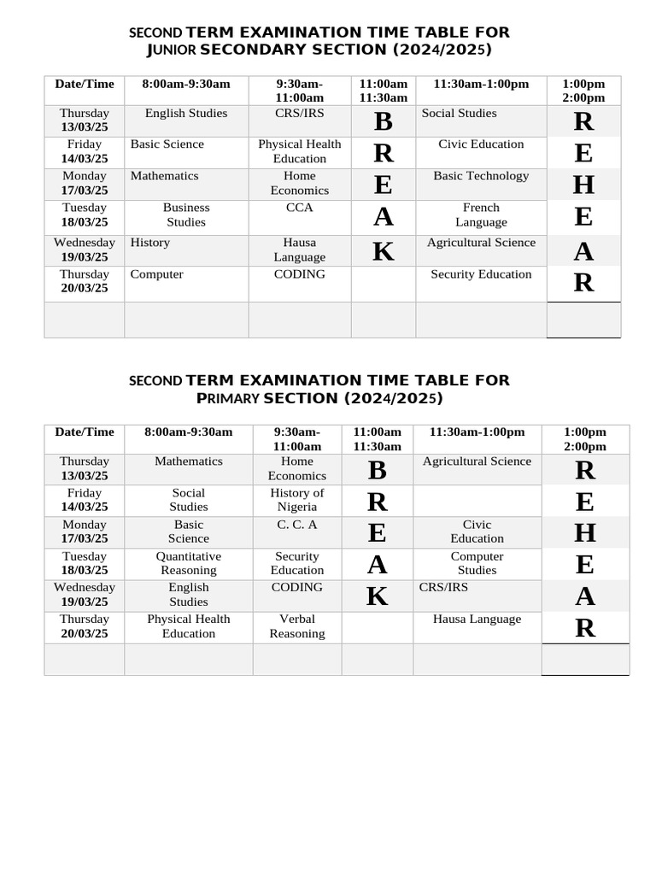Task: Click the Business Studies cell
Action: [x=186, y=214]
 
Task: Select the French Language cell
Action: [x=481, y=214]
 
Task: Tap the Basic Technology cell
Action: [x=481, y=176]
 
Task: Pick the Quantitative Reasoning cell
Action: [x=189, y=563]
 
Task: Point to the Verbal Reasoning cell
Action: [x=297, y=626]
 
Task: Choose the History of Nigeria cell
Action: [x=297, y=500]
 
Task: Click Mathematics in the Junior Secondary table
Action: [x=165, y=176]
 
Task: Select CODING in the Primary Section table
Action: [x=297, y=588]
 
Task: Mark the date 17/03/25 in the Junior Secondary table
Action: [x=85, y=191]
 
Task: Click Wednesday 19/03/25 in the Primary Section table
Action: [x=85, y=595]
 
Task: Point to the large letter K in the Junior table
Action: [x=384, y=251]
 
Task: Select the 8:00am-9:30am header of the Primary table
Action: [x=189, y=432]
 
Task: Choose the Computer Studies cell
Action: [x=477, y=563]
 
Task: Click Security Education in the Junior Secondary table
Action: [x=481, y=274]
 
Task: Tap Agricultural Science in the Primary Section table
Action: [x=477, y=461]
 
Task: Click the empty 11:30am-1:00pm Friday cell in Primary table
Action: [x=477, y=500]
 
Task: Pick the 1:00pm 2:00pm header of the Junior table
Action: [x=583, y=91]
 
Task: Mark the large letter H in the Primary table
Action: [x=585, y=532]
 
